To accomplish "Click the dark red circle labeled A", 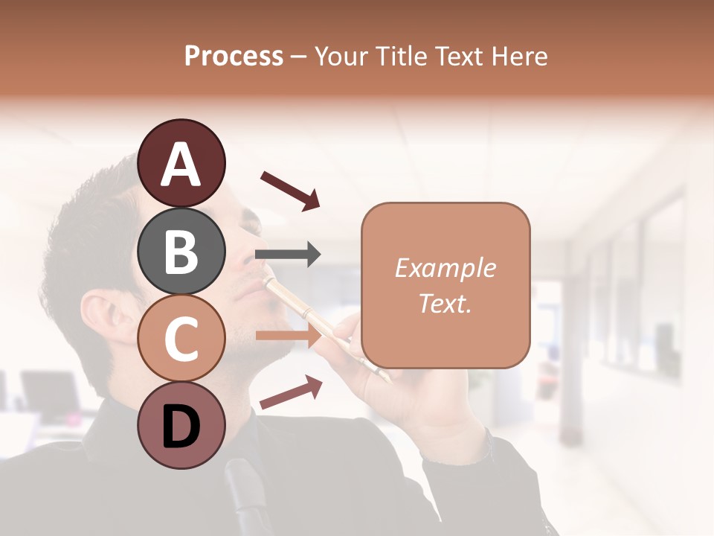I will tap(181, 163).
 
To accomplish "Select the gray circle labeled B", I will tap(181, 251).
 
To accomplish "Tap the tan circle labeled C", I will tap(181, 338).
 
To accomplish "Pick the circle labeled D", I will tap(181, 425).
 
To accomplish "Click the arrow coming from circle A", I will tap(289, 190).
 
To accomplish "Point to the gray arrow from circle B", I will tap(288, 255).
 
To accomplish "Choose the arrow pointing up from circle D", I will tap(291, 392).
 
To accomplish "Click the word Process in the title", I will tap(234, 56).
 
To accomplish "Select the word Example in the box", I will tap(445, 268).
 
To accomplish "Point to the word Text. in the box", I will tap(445, 303).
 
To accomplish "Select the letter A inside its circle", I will tap(181, 165).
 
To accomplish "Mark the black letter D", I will tap(181, 427).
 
